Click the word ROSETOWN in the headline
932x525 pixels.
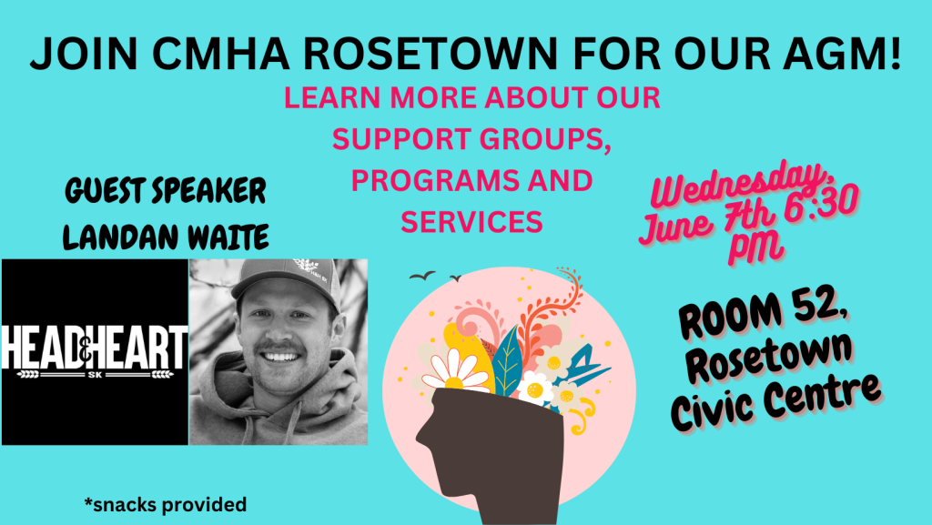(x=431, y=54)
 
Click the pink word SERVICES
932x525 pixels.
(x=471, y=221)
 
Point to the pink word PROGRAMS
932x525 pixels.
(x=426, y=180)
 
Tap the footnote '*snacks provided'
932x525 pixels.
(x=166, y=505)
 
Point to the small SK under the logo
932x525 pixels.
(x=95, y=375)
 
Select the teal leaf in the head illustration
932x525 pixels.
(x=506, y=360)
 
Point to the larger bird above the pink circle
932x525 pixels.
(x=422, y=275)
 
